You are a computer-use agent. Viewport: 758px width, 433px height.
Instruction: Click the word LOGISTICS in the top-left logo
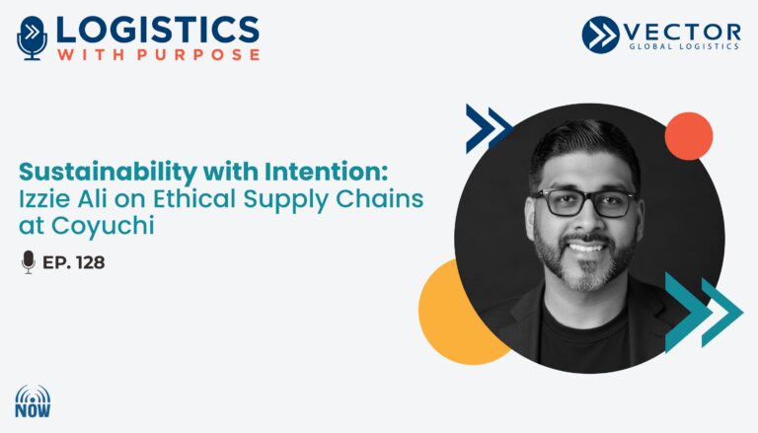[x=158, y=30]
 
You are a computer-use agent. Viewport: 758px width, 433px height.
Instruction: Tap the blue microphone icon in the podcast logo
[x=32, y=38]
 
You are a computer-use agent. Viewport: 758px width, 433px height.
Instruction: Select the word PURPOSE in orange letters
[x=198, y=54]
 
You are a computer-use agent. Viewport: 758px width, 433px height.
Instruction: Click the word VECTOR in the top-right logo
[x=682, y=33]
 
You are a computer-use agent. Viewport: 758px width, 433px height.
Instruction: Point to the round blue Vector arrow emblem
[x=600, y=35]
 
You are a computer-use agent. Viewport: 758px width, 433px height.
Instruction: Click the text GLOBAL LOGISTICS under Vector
[x=684, y=46]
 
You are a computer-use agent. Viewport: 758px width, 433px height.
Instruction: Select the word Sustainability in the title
[x=108, y=173]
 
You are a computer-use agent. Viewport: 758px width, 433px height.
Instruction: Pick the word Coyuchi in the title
[x=103, y=226]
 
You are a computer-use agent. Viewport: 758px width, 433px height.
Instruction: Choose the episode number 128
[x=90, y=262]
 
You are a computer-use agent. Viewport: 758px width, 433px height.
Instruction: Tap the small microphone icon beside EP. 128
[x=29, y=262]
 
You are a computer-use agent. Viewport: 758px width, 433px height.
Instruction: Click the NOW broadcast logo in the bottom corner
[x=33, y=401]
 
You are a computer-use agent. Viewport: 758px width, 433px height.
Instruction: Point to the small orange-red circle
[x=688, y=136]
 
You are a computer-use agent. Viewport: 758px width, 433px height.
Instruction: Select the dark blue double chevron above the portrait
[x=489, y=128]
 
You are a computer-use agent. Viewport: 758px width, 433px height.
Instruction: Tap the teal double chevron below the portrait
[x=704, y=313]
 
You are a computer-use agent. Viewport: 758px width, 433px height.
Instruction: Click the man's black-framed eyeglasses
[x=585, y=202]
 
